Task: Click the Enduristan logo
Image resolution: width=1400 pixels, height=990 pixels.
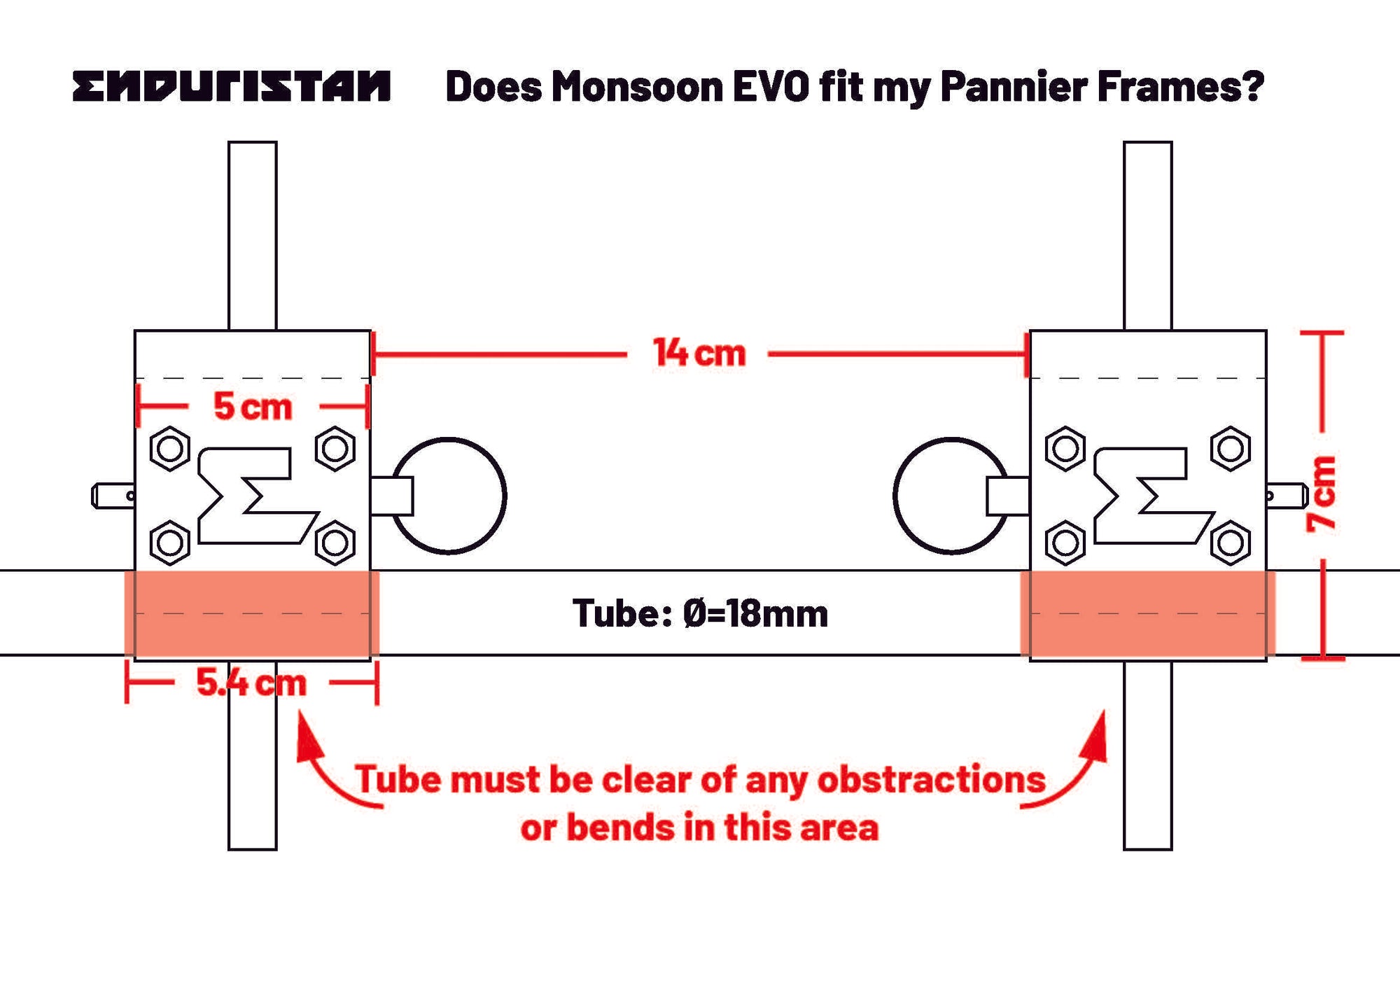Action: point(231,86)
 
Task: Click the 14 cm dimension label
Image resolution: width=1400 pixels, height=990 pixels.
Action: point(699,353)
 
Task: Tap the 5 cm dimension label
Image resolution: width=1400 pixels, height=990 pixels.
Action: point(252,406)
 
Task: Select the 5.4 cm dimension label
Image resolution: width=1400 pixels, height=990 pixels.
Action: point(251,683)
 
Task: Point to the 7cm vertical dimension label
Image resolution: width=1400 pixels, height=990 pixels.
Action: point(1322,494)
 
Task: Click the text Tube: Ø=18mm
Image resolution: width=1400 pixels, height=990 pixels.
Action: point(700,613)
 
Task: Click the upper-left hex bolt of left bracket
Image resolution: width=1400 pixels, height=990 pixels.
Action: point(170,448)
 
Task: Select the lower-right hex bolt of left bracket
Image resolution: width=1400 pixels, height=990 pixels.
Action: point(335,543)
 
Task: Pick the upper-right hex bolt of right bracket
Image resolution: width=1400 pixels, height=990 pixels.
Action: point(1231,448)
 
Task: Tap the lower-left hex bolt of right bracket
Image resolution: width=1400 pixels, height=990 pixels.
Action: point(1065,543)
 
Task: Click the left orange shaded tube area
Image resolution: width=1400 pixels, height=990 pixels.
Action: point(252,613)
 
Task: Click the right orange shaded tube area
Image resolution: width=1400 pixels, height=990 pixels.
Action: point(1148,613)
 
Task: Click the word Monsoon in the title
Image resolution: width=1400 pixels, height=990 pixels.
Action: point(637,87)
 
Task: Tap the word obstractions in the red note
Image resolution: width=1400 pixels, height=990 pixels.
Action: point(931,779)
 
